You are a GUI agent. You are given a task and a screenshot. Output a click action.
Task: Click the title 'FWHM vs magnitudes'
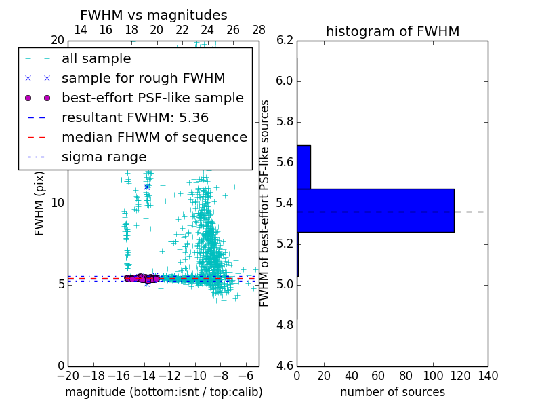coord(154,15)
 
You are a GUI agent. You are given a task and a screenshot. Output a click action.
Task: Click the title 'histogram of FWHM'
coord(392,31)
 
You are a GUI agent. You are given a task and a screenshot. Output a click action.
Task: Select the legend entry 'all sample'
coord(96,59)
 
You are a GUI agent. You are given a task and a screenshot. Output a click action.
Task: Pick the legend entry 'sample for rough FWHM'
coord(143,78)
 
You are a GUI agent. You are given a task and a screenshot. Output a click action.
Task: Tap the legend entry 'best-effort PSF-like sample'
coord(152,98)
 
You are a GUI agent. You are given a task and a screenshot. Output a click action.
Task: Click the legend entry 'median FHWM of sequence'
coord(154,137)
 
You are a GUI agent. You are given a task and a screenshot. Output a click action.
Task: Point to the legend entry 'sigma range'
coord(104,157)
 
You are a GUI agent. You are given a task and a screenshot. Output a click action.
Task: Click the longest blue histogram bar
coord(375,210)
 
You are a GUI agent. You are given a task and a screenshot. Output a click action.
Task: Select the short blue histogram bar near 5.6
coord(304,167)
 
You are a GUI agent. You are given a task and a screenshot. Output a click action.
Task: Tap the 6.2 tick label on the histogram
coord(285,41)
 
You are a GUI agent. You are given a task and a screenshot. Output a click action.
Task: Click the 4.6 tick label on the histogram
coord(285,366)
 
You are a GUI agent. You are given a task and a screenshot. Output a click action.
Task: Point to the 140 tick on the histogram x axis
coord(488,376)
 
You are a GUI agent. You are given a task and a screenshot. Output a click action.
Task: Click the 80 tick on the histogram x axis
coord(406,376)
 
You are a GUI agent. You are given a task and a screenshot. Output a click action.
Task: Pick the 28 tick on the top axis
coord(259,30)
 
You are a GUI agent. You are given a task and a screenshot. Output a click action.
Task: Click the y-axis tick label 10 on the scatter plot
coord(58,203)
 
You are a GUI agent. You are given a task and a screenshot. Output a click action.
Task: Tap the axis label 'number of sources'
coord(392,392)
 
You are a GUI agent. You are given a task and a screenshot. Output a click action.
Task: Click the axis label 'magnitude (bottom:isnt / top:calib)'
coord(163,392)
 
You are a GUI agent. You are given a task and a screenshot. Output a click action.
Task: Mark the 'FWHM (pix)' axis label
coord(40,203)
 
